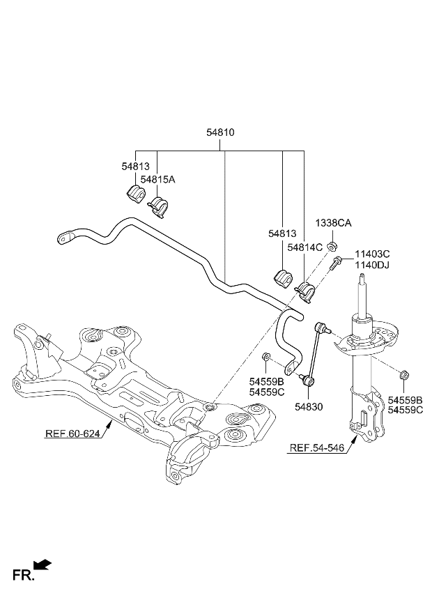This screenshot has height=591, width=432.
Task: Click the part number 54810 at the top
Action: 220,132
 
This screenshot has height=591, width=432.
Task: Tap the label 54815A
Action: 157,180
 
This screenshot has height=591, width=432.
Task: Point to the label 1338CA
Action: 333,223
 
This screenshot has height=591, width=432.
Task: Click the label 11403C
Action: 373,254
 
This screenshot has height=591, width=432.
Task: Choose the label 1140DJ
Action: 373,266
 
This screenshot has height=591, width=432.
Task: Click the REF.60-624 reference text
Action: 73,433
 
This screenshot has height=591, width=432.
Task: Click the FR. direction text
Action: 23,575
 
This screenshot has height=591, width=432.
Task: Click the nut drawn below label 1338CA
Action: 333,245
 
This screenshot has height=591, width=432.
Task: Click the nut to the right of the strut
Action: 404,376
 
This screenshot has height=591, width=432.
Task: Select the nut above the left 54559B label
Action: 266,358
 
